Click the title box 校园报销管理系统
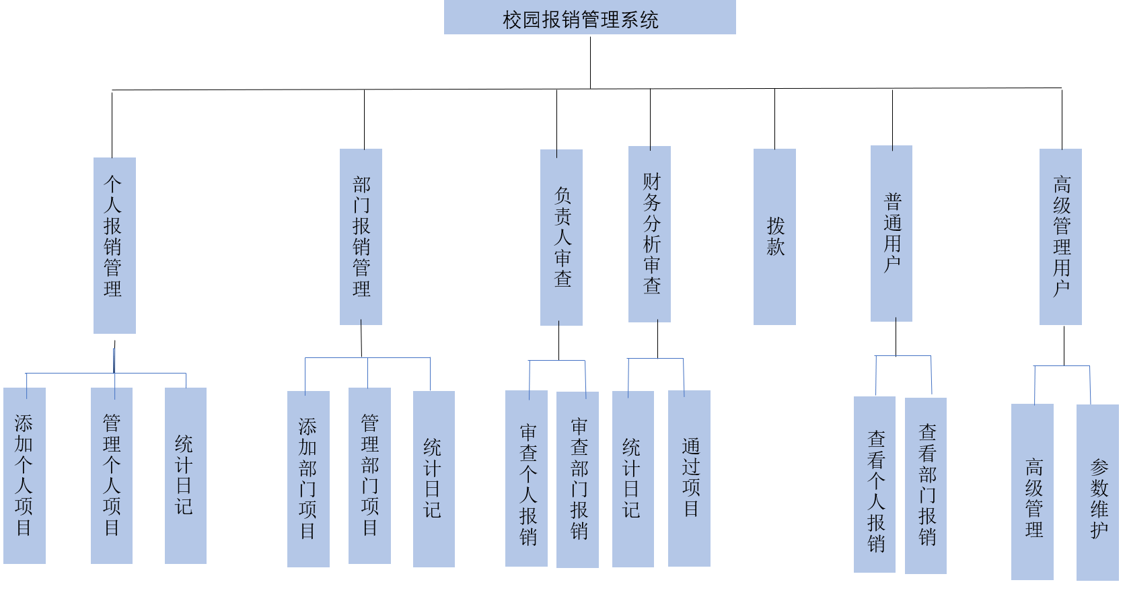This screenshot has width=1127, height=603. pos(589,17)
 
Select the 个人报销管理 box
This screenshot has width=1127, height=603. pos(114,245)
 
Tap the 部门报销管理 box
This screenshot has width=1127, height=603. pos(361,237)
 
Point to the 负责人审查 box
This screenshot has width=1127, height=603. pos(561,237)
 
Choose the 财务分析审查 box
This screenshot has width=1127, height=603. pos(649,234)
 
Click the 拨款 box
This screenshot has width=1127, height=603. pos(774,237)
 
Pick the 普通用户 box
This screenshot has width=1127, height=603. pos(892,234)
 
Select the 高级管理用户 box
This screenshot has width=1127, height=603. pos(1060,237)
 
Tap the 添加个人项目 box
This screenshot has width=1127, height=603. pos(24,475)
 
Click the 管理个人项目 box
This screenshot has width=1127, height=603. pos(112,475)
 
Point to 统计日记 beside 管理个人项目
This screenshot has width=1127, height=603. pos(186,475)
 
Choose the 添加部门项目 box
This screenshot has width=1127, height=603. pos(308,478)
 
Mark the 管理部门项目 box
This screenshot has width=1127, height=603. pos(369,475)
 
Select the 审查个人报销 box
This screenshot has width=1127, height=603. pos(526,478)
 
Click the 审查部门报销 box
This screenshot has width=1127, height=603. pos(577,479)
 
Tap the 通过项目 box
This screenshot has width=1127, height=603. pos(689,478)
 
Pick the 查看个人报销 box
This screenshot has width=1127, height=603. pos(875,485)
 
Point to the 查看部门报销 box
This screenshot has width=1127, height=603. pos(926,485)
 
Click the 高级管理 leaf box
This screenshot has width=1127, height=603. pos(1032,491)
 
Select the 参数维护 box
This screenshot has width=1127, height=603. pos(1097,492)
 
